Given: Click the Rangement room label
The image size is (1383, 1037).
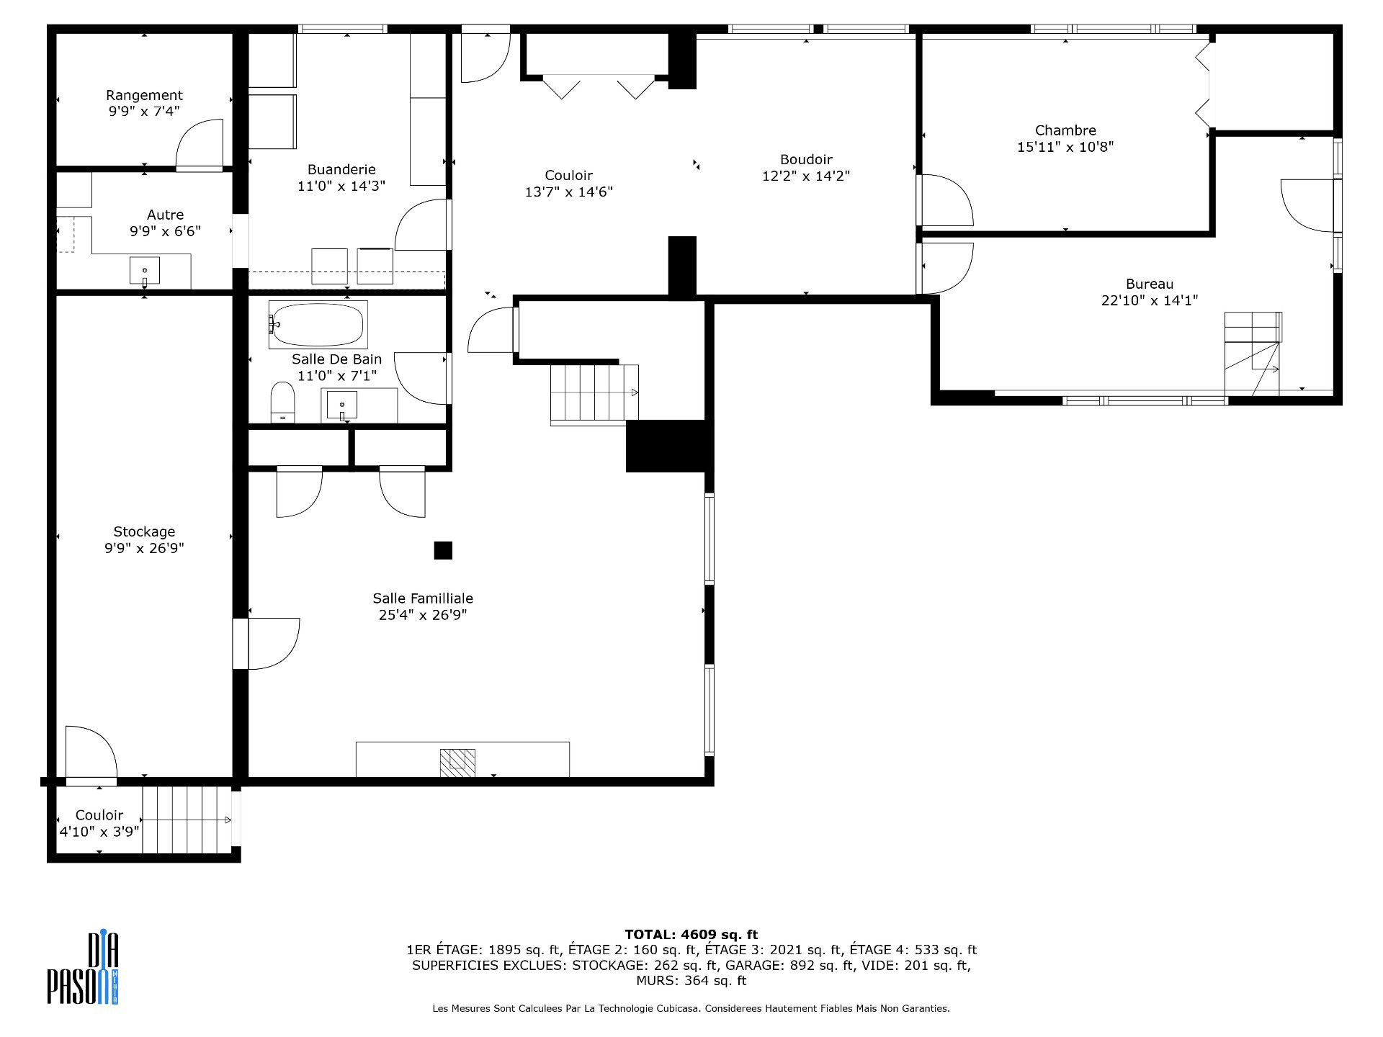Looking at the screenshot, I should [144, 95].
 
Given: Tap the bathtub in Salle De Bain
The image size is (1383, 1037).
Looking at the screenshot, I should [318, 325].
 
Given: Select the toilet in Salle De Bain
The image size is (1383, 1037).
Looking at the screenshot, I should [283, 402].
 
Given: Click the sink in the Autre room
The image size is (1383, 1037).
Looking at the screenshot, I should [145, 271].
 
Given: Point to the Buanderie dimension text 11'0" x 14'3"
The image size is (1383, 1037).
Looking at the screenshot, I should [341, 186].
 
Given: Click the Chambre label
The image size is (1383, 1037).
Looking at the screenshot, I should [1065, 130].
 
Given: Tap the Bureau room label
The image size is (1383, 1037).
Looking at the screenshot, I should [1149, 284].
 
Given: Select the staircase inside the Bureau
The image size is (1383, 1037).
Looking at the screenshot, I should [1253, 353].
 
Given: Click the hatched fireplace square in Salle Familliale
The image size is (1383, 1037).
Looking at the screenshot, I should [458, 762].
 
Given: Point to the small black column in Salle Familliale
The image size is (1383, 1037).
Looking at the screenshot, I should [443, 550].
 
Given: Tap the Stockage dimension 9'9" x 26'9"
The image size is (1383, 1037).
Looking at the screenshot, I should [144, 548].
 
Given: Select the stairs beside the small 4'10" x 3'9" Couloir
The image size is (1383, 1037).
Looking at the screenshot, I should [186, 820].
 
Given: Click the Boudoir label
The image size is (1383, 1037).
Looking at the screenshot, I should [806, 159].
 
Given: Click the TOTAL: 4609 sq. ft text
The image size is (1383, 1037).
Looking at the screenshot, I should [691, 935].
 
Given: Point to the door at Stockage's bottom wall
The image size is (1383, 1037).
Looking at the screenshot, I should [91, 755].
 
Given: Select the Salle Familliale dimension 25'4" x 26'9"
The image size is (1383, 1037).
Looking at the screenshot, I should [423, 615].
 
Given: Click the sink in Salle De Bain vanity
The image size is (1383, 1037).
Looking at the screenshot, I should [342, 405].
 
